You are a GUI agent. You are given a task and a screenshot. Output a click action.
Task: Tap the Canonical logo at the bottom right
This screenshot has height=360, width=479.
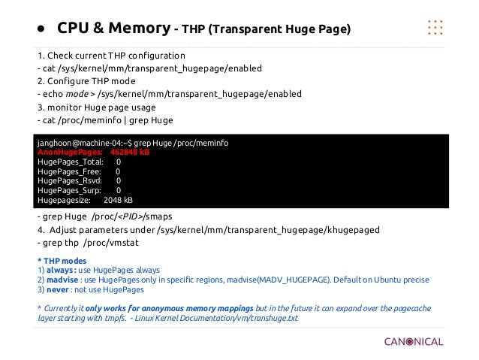414,342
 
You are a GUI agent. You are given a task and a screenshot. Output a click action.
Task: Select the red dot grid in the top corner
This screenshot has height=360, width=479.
435,26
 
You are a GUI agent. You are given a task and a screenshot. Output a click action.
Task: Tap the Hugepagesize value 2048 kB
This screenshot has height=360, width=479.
119,201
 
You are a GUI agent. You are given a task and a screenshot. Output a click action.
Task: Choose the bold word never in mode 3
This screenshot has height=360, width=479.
55,289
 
